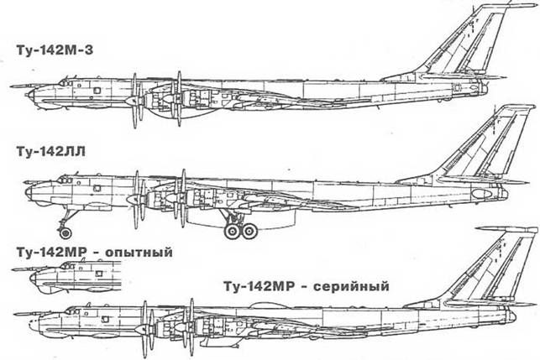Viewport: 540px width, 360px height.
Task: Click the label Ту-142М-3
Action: point(54,50)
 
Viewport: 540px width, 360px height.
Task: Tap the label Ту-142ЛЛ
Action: point(50,151)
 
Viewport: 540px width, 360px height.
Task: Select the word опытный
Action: point(138,253)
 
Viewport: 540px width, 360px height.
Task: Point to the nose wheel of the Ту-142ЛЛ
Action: point(66,233)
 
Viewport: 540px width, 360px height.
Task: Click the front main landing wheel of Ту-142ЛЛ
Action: point(233,231)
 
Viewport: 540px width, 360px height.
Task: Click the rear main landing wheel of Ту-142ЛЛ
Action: point(249,231)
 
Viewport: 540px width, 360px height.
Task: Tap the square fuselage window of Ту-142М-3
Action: point(97,90)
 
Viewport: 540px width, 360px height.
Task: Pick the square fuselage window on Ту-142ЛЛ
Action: point(97,188)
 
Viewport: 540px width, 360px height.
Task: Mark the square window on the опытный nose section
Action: point(99,274)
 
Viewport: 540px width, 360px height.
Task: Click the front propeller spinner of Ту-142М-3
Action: point(130,101)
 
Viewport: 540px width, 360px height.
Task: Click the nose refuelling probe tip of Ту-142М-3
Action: point(11,86)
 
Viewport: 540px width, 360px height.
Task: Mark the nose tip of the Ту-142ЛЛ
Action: point(26,193)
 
